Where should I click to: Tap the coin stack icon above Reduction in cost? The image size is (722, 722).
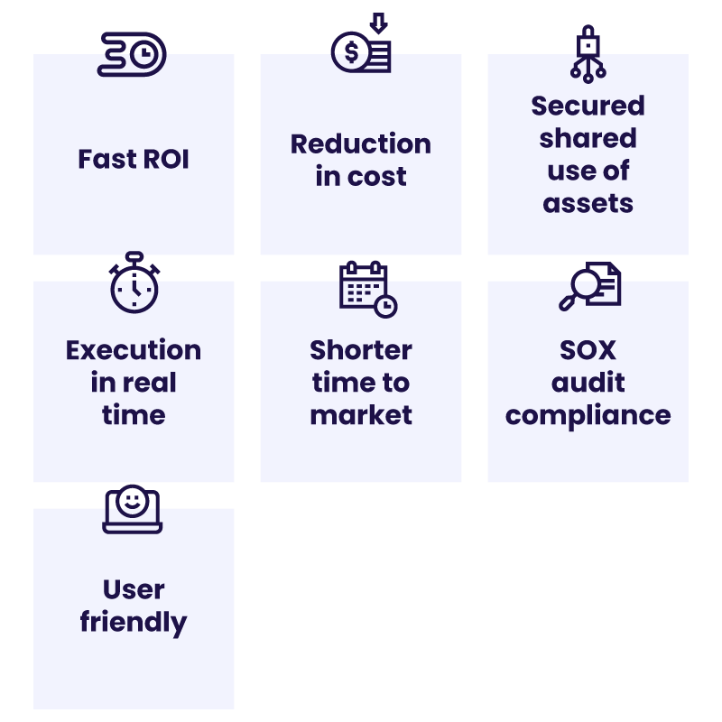(361, 50)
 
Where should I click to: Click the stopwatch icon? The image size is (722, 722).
(134, 283)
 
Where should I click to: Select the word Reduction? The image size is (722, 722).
(361, 143)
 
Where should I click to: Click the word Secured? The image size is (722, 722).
(588, 106)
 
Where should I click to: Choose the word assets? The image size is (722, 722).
(588, 203)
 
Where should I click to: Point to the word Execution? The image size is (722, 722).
(134, 350)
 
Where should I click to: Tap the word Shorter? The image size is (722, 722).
(361, 350)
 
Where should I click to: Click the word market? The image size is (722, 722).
(361, 415)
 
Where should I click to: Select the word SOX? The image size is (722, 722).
(588, 350)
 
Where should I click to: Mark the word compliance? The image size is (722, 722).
(588, 415)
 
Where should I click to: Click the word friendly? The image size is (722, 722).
(134, 622)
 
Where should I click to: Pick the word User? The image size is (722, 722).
(134, 589)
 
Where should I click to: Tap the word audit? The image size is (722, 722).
(588, 383)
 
